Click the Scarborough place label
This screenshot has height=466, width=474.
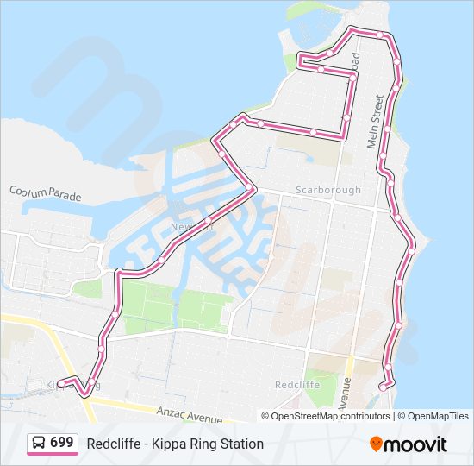pyautogui.click(x=328, y=190)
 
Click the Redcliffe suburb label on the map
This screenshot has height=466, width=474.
pyautogui.click(x=296, y=384)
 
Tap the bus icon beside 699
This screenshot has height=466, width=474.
pyautogui.click(x=39, y=443)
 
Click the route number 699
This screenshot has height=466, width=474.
pyautogui.click(x=61, y=443)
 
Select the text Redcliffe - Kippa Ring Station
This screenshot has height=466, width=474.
pyautogui.click(x=175, y=444)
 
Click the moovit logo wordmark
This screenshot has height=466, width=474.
pyautogui.click(x=416, y=444)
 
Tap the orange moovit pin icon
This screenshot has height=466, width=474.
pyautogui.click(x=377, y=444)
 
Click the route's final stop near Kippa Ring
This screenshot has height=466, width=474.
pyautogui.click(x=61, y=383)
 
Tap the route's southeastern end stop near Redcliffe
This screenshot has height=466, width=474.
pyautogui.click(x=383, y=387)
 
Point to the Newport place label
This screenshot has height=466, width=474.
pyautogui.click(x=185, y=227)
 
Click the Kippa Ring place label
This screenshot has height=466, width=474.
pyautogui.click(x=69, y=384)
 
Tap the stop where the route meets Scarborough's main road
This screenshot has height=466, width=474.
pyautogui.click(x=250, y=188)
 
